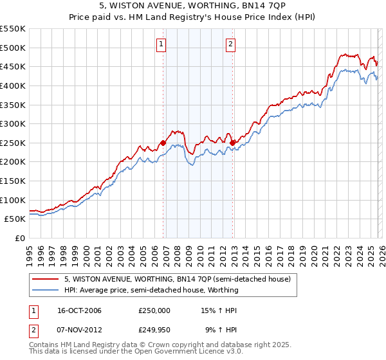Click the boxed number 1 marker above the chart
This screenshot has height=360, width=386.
point(160,44)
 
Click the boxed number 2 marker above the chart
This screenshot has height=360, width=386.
point(230,44)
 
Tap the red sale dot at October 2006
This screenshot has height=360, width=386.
point(163,143)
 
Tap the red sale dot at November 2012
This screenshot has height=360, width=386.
point(232,143)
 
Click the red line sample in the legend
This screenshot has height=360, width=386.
point(45,280)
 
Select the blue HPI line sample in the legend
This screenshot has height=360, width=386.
point(45,290)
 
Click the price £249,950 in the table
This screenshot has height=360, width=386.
point(154,331)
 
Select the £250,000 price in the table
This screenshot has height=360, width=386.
point(154,310)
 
